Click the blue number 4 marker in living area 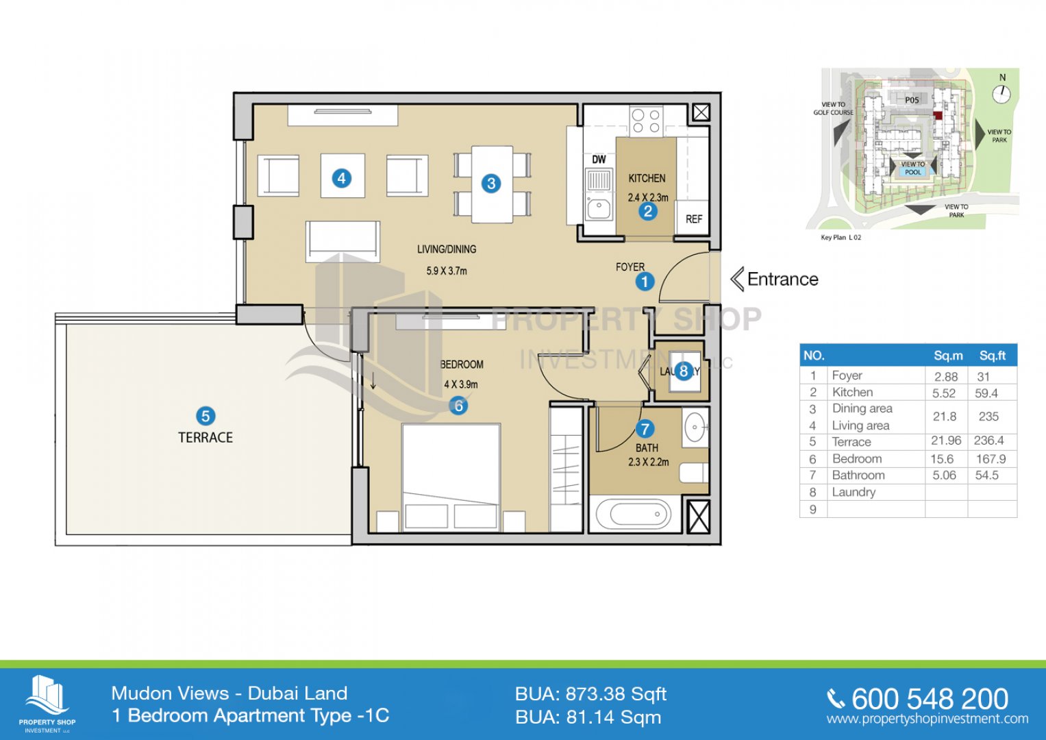[x=341, y=178]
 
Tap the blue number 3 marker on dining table [x=491, y=184]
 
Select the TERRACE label [x=206, y=438]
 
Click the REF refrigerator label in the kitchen [x=693, y=219]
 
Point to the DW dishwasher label [x=599, y=160]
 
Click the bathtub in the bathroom [x=634, y=514]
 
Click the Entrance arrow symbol [x=737, y=280]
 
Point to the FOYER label [x=630, y=267]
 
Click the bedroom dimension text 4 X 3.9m [x=461, y=384]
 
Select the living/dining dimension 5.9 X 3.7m [x=447, y=271]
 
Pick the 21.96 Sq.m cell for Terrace [x=946, y=441]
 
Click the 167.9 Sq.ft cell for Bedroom [x=991, y=459]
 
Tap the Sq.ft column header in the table [x=992, y=356]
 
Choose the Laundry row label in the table [x=854, y=492]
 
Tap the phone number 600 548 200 [x=930, y=699]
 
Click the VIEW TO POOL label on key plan [x=912, y=169]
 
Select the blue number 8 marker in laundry [x=683, y=371]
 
